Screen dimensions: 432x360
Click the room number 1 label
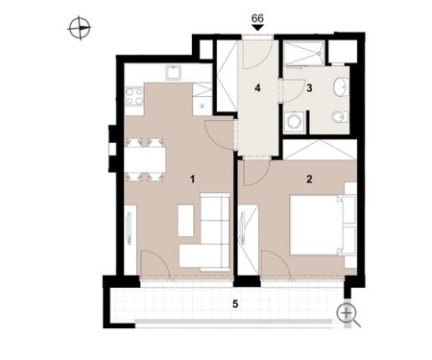pos(192,180)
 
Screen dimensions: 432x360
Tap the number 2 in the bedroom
pos(309,180)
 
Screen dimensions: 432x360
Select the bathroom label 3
pos(309,88)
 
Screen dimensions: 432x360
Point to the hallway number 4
pos(257,88)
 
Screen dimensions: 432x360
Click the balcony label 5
pos(235,303)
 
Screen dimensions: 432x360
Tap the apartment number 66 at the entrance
pos(257,18)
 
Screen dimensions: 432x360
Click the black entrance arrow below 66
pos(257,28)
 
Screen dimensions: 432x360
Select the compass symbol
pos(80,28)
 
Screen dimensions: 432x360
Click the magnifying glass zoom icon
pos(348,314)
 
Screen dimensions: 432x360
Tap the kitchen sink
pos(174,73)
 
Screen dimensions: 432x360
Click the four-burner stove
pos(134,96)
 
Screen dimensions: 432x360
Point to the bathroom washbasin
pos(340,86)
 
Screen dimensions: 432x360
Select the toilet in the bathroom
pos(340,117)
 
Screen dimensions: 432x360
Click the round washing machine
pos(293,121)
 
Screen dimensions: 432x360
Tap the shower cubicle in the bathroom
pos(304,53)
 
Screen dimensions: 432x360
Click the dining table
pos(147,159)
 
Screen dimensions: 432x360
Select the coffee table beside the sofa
pos(185,220)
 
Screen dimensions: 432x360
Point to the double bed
pos(315,225)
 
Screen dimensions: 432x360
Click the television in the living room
pos(129,228)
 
